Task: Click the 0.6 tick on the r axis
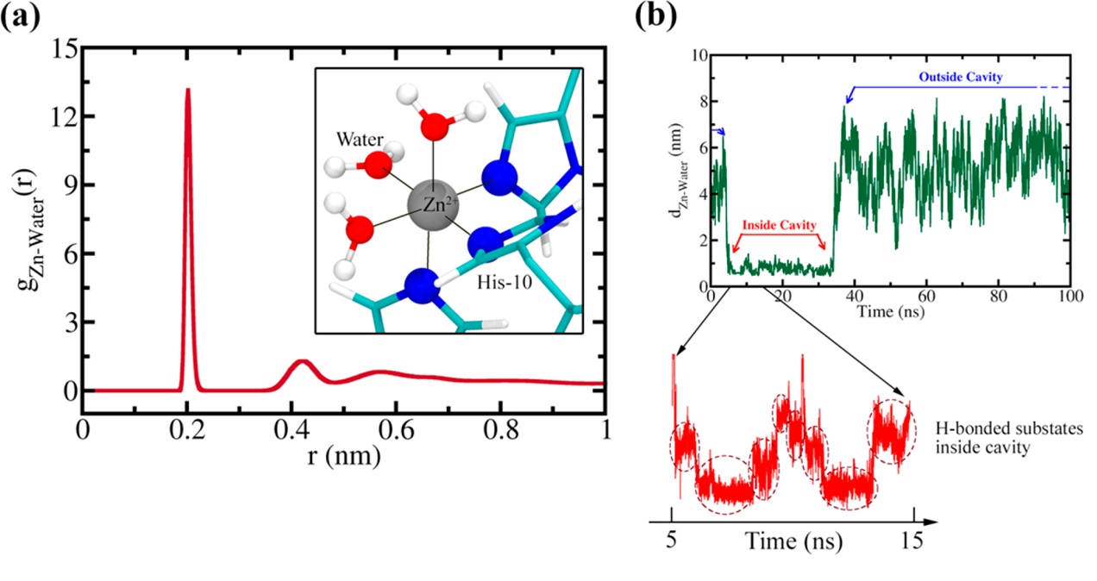pyautogui.click(x=397, y=428)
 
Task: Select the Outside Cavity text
pyautogui.click(x=988, y=77)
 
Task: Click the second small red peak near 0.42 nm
pyautogui.click(x=302, y=362)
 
